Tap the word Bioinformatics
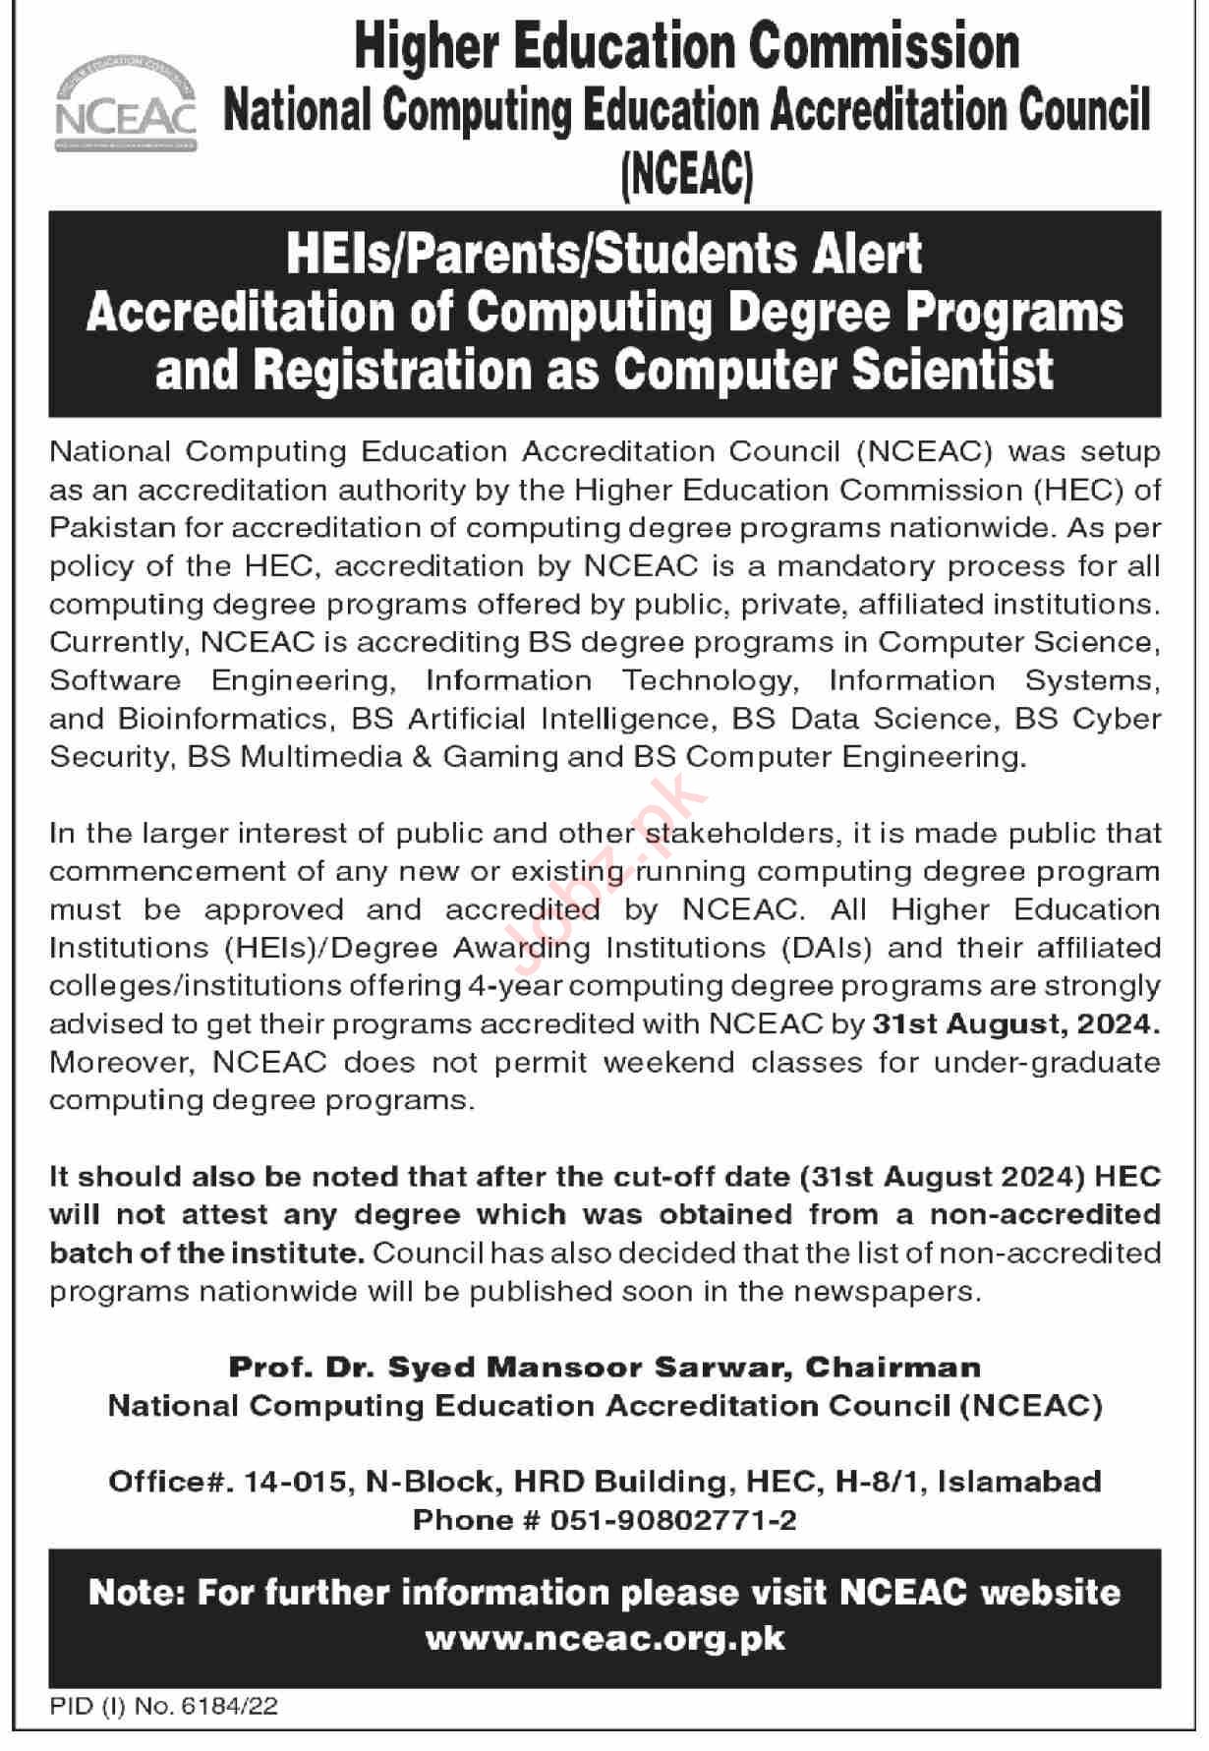(x=222, y=719)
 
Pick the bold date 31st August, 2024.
(x=1015, y=1023)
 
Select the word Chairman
(x=892, y=1368)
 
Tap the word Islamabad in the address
(x=1019, y=1482)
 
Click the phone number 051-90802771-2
(x=673, y=1520)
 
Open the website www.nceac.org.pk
(x=604, y=1639)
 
